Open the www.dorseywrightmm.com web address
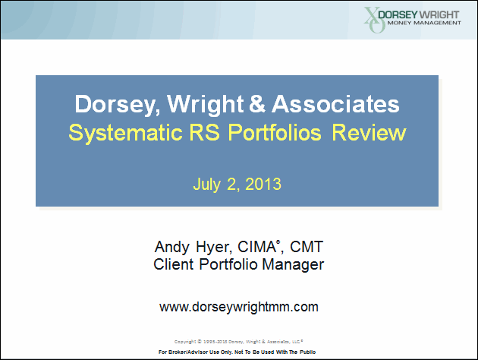238,307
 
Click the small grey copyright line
238,341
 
